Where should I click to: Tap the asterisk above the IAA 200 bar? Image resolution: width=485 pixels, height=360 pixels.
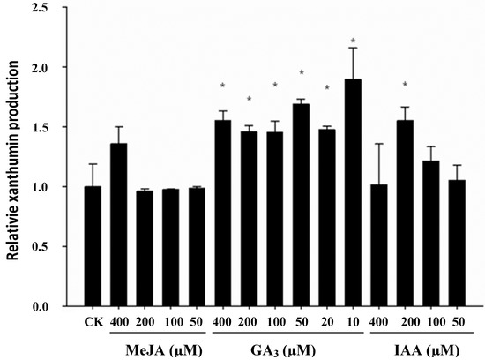point(406,85)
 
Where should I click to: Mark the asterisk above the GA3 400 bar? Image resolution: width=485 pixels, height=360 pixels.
point(224,86)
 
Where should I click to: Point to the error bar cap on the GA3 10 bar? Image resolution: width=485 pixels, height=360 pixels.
point(354,48)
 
